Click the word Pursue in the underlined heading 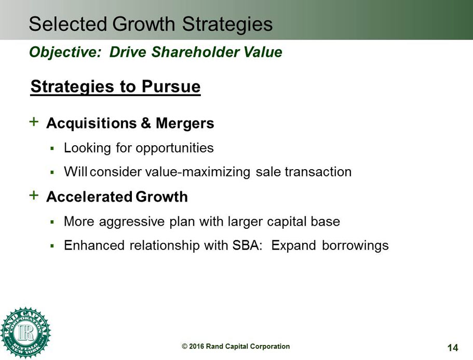171,87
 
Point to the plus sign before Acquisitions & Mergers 34,122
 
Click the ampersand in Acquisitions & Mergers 146,123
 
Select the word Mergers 185,123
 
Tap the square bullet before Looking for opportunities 52,148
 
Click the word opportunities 174,148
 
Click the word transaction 318,172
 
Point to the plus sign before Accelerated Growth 34,195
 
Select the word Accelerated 89,197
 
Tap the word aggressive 131,222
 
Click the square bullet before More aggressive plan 52,222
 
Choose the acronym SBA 247,245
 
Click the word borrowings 355,246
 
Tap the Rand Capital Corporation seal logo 25,333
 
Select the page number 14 453,348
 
